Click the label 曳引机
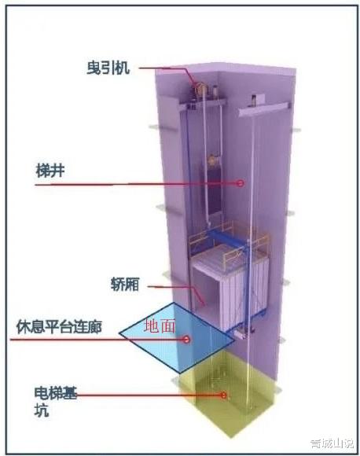[x=108, y=68]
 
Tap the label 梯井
[x=50, y=171]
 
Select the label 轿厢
[x=125, y=284]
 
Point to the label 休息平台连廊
[x=59, y=327]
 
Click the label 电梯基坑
[x=55, y=402]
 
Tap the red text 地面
[x=160, y=325]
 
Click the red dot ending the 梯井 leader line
[x=241, y=183]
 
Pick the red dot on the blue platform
[x=186, y=339]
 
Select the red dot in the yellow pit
[x=223, y=395]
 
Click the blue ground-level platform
[x=177, y=337]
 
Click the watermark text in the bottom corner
[x=332, y=443]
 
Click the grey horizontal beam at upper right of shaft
[x=264, y=108]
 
